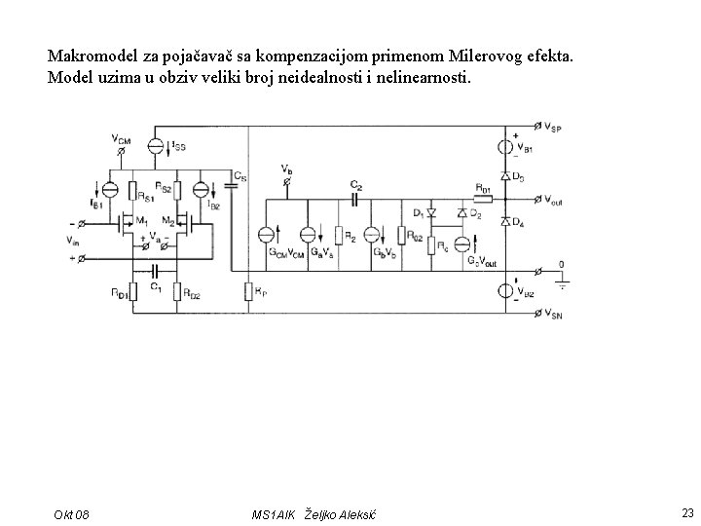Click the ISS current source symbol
point(155,146)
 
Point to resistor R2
point(340,235)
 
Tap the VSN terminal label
point(552,314)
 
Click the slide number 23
point(687,512)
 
